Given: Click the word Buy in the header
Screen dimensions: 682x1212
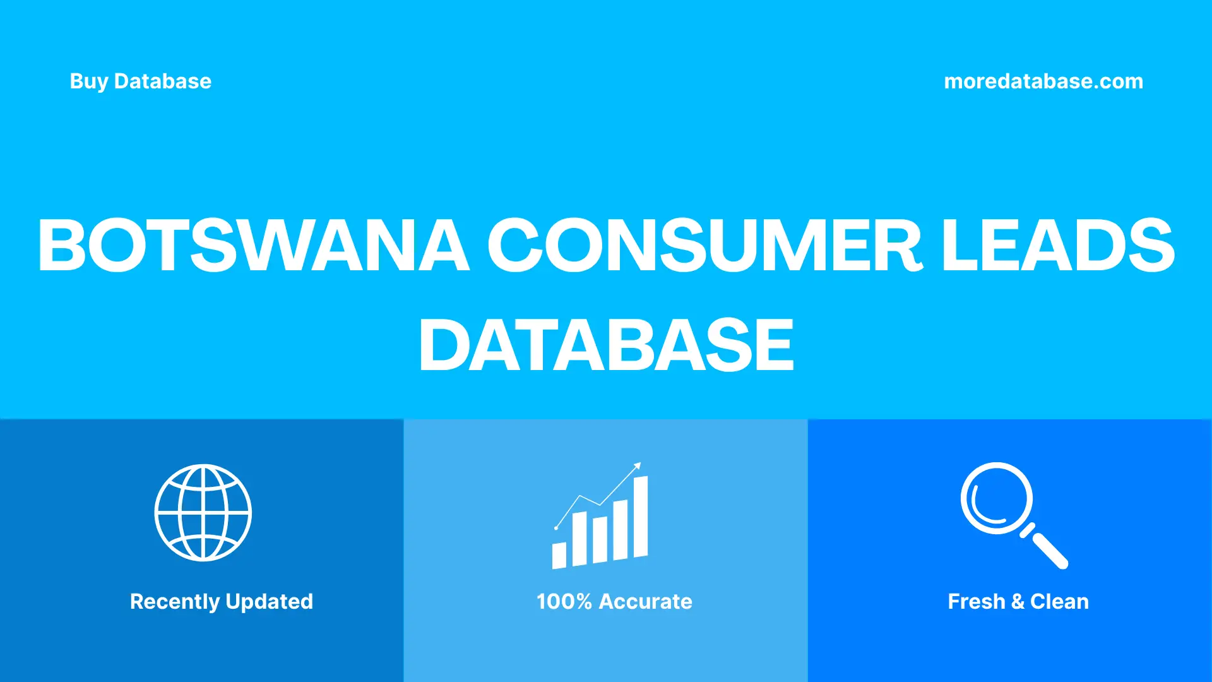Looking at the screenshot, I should pyautogui.click(x=88, y=81).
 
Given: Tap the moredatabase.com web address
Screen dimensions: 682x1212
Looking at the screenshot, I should pyautogui.click(x=1043, y=81).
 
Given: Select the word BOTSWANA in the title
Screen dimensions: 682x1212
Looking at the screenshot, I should pyautogui.click(x=253, y=246).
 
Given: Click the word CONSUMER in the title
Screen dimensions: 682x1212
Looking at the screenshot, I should pyautogui.click(x=705, y=246).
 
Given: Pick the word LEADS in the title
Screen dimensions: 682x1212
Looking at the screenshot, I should pyautogui.click(x=1058, y=246).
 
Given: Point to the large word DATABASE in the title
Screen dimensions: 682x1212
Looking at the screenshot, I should pyautogui.click(x=606, y=345).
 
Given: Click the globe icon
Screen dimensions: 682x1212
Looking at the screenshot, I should pyautogui.click(x=203, y=513).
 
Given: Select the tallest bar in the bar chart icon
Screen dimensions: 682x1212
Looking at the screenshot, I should pyautogui.click(x=640, y=517).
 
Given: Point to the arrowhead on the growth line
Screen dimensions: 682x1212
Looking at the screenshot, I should pyautogui.click(x=638, y=466).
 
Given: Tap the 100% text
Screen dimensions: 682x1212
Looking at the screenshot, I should pyautogui.click(x=564, y=602).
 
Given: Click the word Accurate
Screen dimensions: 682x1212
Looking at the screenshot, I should pyautogui.click(x=645, y=602).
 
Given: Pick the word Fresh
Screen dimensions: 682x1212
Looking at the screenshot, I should pyautogui.click(x=976, y=602).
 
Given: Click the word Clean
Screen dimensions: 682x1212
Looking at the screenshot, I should pyautogui.click(x=1059, y=602).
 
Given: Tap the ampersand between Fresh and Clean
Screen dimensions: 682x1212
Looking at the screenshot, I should pyautogui.click(x=1017, y=602).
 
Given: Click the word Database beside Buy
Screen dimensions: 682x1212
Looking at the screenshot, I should pyautogui.click(x=162, y=81).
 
